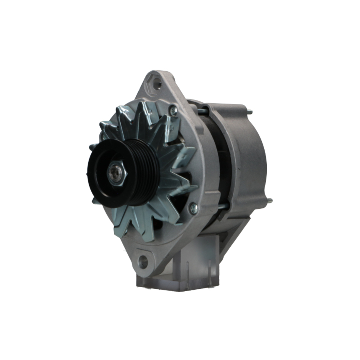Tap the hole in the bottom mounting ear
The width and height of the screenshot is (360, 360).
pos(143,262)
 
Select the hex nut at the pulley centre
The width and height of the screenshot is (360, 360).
pos(117,174)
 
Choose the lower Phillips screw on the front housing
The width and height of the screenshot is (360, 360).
pos(194,208)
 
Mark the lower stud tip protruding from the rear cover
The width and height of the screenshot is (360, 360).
pos(269,201)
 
